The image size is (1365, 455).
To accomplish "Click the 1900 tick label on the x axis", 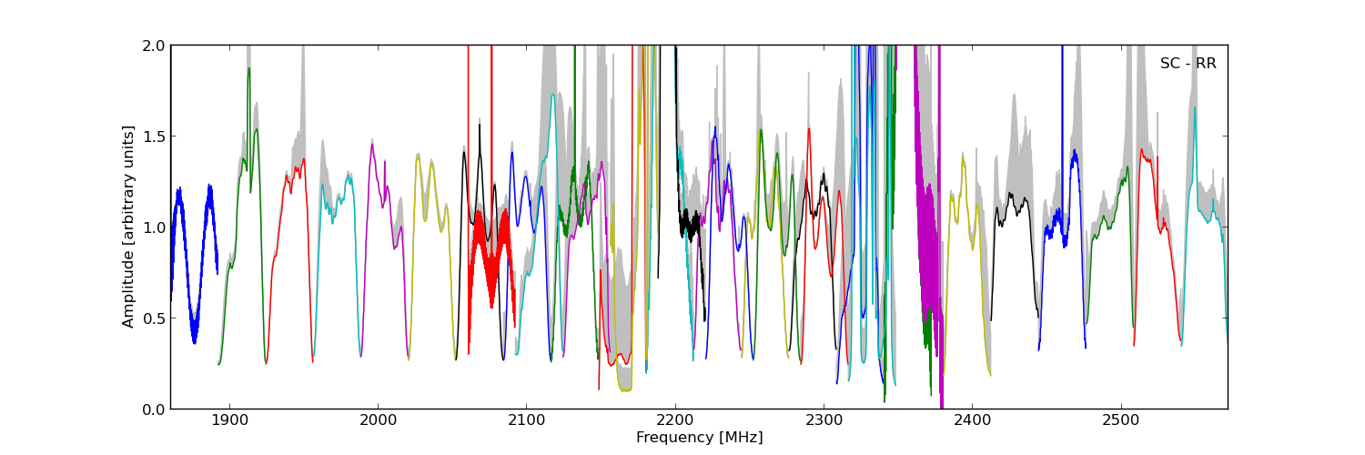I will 229,421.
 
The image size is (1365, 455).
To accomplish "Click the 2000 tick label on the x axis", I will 378,421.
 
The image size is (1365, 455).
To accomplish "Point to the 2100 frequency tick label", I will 526,421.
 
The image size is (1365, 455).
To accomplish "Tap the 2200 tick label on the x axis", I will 675,421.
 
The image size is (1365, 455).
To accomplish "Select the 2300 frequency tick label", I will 824,421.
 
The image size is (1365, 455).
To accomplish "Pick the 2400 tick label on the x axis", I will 972,421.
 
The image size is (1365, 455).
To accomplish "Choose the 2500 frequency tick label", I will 1120,421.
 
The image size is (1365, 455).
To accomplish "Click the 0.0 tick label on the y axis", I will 154,409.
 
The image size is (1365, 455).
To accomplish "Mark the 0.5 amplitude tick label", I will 154,318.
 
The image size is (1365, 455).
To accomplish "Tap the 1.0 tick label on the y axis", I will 154,227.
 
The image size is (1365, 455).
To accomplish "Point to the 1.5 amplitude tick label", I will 154,136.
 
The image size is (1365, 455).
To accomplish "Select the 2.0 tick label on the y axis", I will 154,45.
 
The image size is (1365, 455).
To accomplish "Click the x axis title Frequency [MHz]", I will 699,438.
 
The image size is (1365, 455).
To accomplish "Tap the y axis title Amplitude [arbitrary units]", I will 129,227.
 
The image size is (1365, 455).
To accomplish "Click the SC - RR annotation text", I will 1188,64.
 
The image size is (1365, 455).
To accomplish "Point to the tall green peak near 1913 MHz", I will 248,68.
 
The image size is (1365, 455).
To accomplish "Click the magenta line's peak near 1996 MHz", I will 372,144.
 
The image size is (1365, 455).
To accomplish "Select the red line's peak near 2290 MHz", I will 808,129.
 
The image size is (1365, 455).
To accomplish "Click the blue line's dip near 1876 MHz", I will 194,342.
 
